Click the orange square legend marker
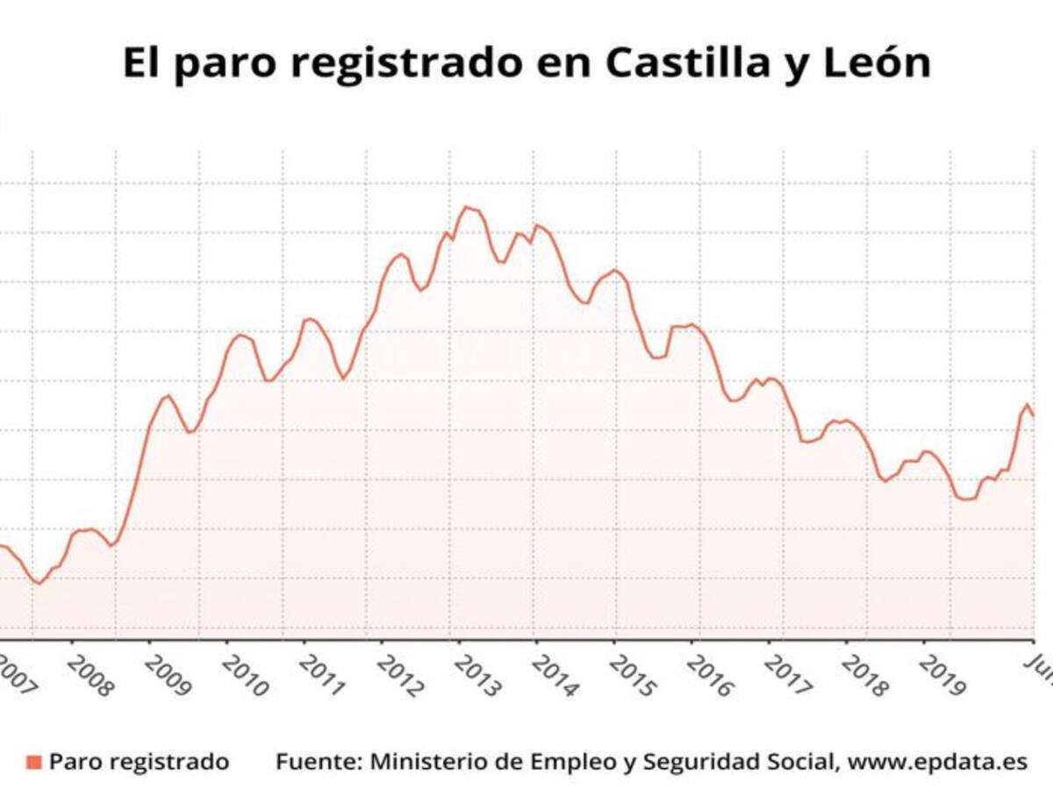tap(35, 763)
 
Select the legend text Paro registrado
tap(139, 762)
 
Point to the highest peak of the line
tap(465, 208)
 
